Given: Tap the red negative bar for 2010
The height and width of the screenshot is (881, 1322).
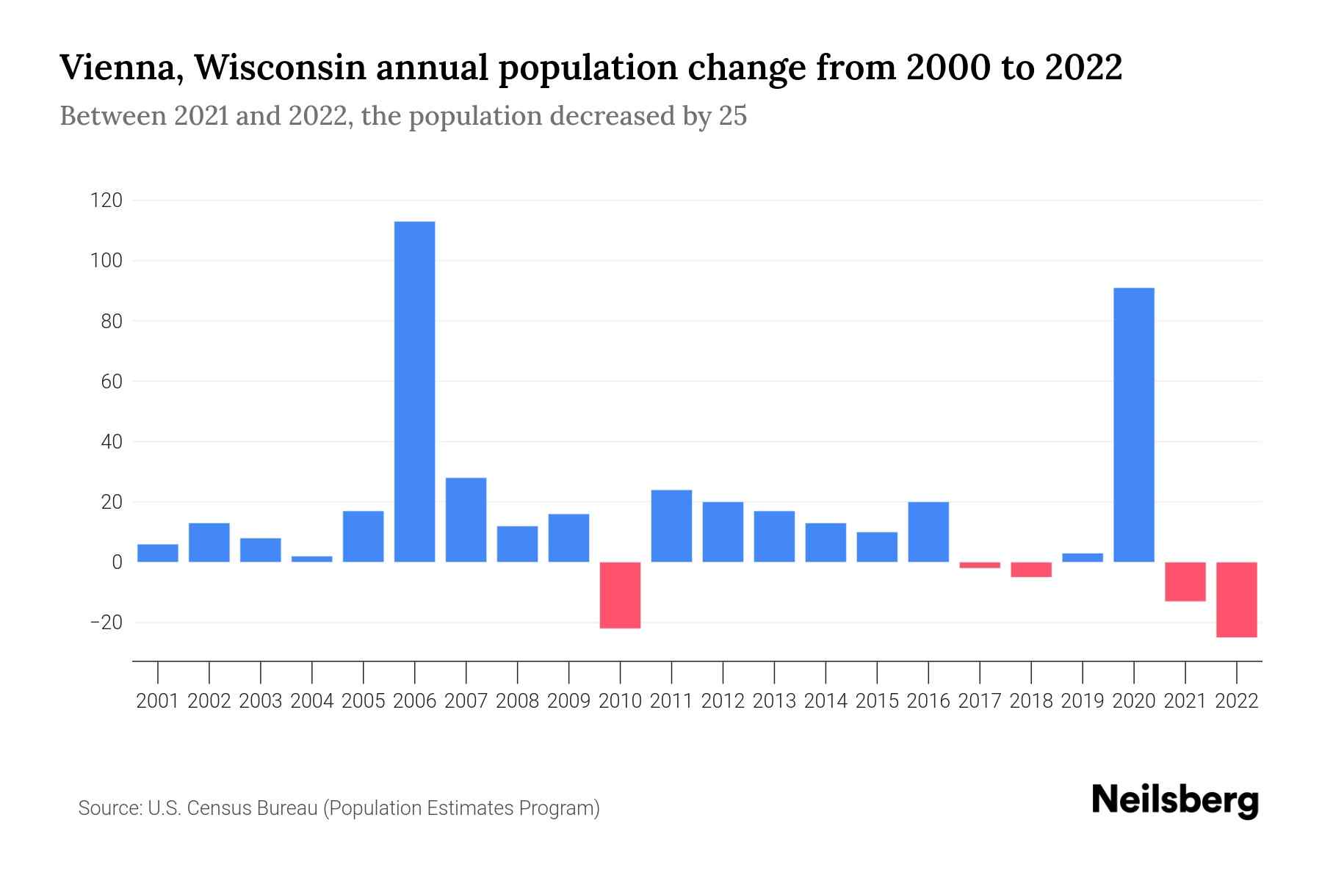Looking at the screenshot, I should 621,595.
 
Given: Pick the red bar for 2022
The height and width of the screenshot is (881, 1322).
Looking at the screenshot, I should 1237,599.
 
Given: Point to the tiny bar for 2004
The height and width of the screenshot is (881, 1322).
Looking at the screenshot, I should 312,559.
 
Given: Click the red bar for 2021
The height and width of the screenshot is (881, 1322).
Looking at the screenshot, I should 1185,581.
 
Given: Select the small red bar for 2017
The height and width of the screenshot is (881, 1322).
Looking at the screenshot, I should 980,565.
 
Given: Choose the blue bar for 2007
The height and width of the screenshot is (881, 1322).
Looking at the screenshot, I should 466,520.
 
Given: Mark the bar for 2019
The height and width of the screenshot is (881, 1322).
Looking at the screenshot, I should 1083,557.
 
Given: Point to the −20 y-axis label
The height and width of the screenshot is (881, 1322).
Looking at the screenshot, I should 106,623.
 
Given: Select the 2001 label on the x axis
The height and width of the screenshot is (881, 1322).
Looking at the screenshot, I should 158,701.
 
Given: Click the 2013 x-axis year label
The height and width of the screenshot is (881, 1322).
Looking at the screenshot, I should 774,701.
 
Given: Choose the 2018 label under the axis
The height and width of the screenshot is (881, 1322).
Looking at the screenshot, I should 1031,701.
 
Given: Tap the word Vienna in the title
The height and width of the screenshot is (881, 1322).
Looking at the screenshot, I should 120,68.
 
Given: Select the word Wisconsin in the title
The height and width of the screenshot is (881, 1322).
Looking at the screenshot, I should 281,68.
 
